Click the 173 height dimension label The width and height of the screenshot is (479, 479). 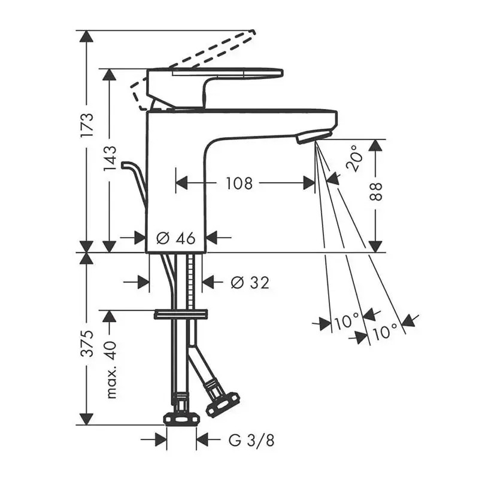tap(87, 125)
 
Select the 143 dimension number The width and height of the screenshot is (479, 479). tap(110, 159)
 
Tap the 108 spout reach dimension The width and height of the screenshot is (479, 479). tap(239, 183)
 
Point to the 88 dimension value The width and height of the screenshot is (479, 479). tap(376, 192)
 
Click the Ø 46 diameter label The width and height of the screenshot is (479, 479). tap(175, 238)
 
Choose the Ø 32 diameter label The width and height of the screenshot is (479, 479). tap(250, 283)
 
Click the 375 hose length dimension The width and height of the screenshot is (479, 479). tap(87, 343)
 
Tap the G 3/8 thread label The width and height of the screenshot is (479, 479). tap(251, 440)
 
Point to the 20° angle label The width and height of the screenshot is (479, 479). tap(354, 158)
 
